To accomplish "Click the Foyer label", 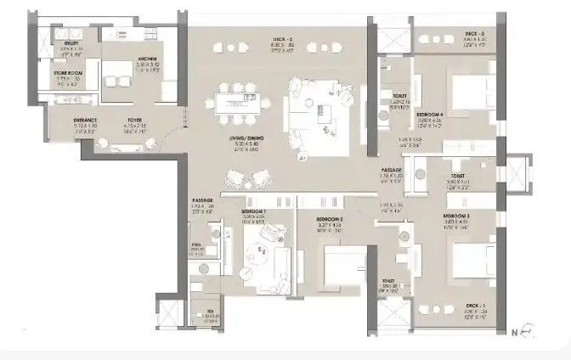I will [x=135, y=120].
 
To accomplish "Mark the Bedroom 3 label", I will [x=455, y=217].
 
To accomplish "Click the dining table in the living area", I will [x=240, y=101].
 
